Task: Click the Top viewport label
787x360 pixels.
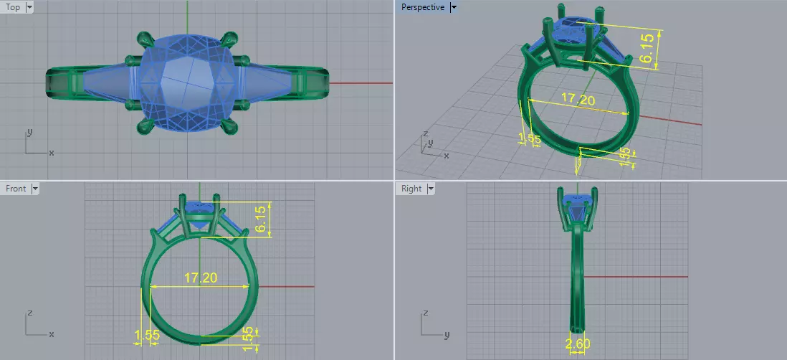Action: (13, 7)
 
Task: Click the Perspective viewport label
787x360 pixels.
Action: (422, 7)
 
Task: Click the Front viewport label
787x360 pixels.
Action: (16, 189)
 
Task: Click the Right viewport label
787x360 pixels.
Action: (411, 189)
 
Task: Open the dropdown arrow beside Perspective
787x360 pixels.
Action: (453, 7)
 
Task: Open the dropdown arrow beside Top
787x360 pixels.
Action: (29, 7)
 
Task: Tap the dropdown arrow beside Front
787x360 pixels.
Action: (34, 189)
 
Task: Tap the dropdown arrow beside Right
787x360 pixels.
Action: (430, 189)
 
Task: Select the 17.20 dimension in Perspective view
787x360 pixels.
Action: (577, 100)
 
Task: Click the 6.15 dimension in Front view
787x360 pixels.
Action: (263, 219)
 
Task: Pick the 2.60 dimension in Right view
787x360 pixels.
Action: (578, 344)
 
